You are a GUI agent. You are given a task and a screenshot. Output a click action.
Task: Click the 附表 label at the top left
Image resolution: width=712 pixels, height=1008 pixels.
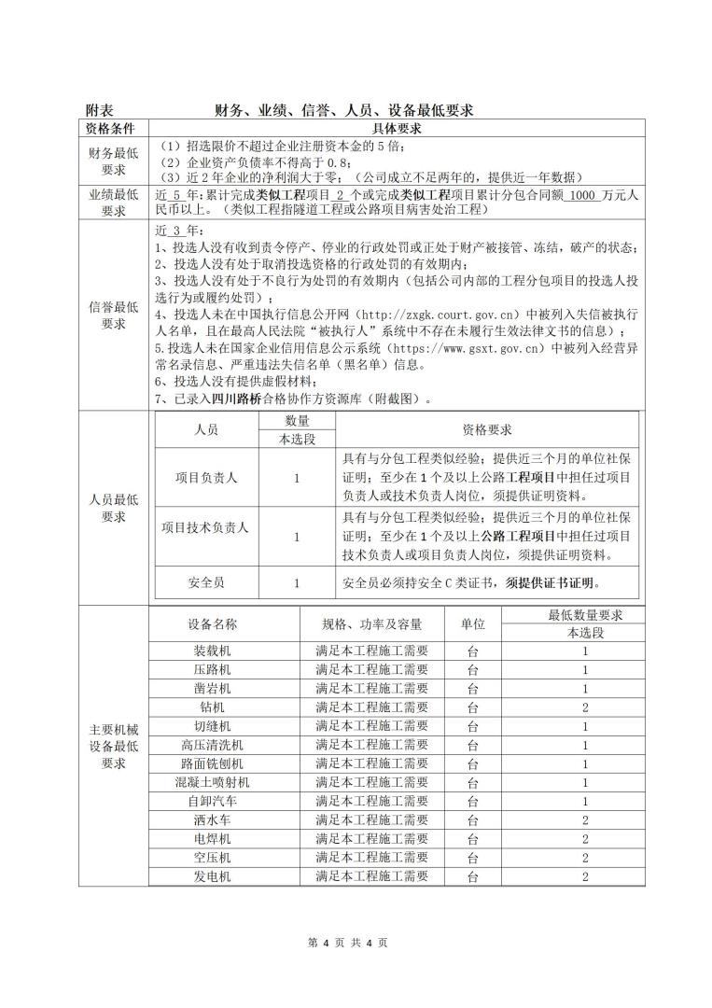[x=100, y=110]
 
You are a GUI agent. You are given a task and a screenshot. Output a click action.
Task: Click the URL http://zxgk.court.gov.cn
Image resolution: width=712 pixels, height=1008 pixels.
[x=440, y=315]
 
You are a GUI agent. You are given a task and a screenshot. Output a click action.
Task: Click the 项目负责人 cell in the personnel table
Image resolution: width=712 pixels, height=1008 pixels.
[x=206, y=477]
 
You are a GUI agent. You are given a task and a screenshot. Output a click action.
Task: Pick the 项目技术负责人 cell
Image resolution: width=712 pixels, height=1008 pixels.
[x=205, y=527]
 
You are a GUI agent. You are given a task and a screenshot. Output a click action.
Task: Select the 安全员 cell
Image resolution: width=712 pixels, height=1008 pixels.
[x=206, y=583]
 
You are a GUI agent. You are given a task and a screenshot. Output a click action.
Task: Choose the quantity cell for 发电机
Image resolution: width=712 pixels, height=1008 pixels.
[x=584, y=876]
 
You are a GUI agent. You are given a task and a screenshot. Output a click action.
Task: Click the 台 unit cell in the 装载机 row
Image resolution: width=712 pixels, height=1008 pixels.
[x=472, y=651]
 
